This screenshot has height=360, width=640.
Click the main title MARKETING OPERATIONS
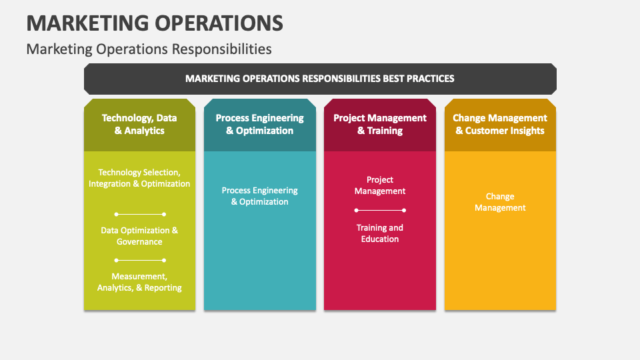point(155,23)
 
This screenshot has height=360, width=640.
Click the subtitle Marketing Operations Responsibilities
point(149,49)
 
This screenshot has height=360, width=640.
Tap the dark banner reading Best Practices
point(320,79)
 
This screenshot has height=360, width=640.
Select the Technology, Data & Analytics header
point(139,124)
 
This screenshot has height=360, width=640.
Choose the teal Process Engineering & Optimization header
point(259,124)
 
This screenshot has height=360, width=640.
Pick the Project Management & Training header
point(380,124)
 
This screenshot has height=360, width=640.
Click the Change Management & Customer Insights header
point(500,124)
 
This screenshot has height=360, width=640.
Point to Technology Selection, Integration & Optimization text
point(139,178)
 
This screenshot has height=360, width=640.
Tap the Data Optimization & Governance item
point(139,236)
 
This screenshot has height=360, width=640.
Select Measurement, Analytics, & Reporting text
point(139,282)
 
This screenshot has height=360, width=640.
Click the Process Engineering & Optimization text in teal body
point(259,196)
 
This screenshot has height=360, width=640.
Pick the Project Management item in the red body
point(380,185)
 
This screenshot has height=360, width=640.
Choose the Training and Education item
point(380,233)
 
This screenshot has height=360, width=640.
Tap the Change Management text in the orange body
point(500,202)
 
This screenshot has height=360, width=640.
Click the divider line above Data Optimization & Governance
point(140,214)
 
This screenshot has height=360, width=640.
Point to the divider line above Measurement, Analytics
point(140,260)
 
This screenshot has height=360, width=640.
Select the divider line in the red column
point(380,210)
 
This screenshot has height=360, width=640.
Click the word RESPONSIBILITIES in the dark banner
point(341,79)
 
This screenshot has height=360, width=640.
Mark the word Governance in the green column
point(139,242)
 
